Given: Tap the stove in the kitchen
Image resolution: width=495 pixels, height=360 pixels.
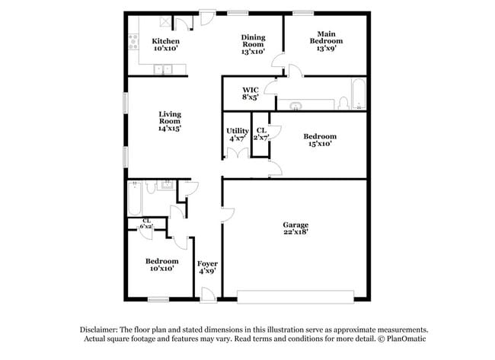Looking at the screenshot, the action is click(133, 42).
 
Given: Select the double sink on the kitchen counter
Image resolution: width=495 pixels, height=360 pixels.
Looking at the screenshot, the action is click(163, 69).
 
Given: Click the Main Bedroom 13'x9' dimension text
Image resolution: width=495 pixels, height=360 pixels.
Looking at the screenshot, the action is click(326, 48).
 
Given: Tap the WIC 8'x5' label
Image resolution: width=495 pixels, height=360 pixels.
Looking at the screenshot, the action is click(251, 94).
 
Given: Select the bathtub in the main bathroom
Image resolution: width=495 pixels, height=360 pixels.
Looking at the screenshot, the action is click(359, 94).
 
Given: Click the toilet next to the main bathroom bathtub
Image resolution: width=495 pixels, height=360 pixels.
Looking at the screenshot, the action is click(343, 104).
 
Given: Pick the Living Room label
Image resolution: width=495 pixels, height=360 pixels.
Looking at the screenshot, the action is click(170, 121).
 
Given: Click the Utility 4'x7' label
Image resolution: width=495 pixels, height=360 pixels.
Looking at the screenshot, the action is click(238, 135).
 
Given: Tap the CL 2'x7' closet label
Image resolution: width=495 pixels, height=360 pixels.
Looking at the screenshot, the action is click(261, 134).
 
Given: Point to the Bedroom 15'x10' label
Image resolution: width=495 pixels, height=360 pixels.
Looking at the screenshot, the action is click(320, 140).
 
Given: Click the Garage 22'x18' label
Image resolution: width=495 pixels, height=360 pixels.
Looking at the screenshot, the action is click(295, 228).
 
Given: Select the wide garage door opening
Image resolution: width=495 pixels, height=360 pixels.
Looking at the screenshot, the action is click(295, 297).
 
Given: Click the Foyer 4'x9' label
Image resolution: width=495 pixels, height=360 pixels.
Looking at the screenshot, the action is click(207, 267).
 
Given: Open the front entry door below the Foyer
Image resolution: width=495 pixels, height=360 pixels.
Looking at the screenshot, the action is click(209, 295).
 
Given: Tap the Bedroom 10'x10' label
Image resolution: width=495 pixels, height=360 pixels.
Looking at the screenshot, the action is click(162, 264).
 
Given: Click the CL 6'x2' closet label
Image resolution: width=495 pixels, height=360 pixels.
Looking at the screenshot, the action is click(146, 224).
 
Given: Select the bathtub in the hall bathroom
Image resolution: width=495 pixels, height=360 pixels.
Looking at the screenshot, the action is click(135, 198).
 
